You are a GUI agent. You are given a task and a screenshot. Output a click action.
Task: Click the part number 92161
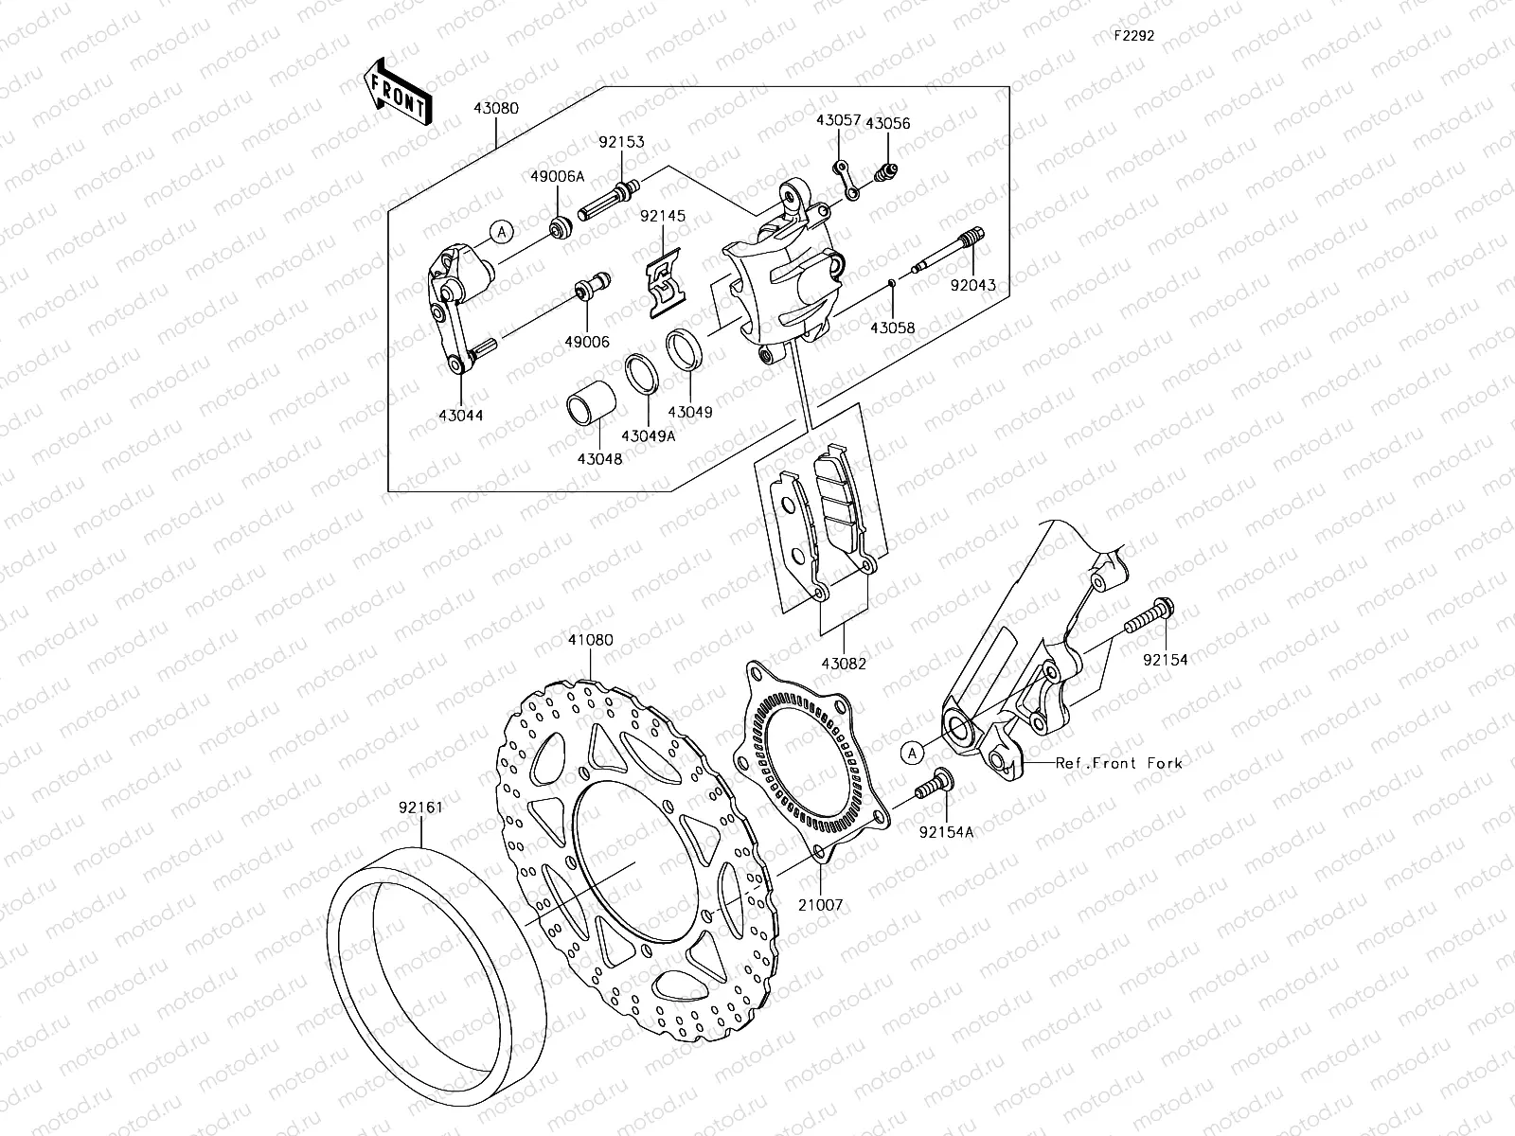(x=421, y=809)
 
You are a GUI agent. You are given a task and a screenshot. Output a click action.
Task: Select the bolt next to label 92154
(x=1149, y=617)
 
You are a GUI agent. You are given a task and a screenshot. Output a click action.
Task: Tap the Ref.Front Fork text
(x=1118, y=762)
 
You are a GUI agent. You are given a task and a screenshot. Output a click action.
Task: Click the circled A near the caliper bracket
(x=502, y=230)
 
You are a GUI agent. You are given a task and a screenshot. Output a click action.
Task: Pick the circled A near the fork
(x=911, y=753)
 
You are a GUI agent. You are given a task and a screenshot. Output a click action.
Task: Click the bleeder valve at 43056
(x=886, y=173)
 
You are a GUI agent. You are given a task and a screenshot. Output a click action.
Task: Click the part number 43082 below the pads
(x=843, y=665)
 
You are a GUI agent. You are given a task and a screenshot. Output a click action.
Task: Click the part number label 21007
(x=819, y=905)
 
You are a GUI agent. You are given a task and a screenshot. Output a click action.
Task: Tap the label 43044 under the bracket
(x=461, y=415)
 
